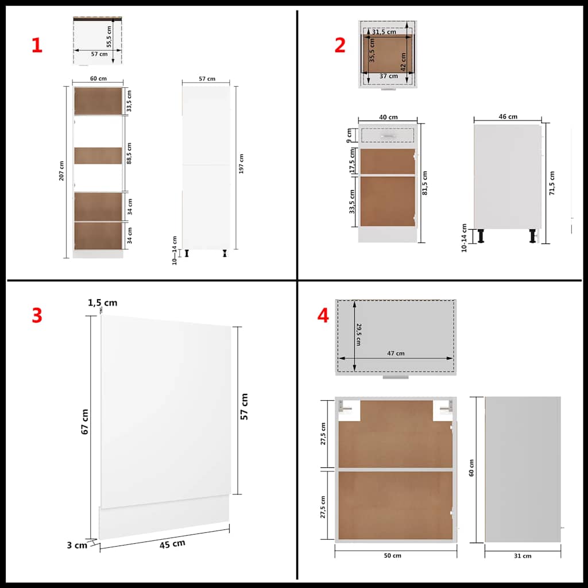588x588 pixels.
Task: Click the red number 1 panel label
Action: (37, 46)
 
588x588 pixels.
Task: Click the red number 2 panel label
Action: (340, 46)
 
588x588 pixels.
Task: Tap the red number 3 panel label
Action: (37, 315)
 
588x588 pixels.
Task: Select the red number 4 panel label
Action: (323, 315)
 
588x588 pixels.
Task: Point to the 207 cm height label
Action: (61, 171)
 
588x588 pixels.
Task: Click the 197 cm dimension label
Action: (242, 164)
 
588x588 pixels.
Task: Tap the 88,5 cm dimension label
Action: (130, 153)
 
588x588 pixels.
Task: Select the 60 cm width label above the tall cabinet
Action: (98, 79)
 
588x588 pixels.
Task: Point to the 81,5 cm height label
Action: (425, 182)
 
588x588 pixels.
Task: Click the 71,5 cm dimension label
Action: (552, 183)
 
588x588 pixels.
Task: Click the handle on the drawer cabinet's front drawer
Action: (389, 136)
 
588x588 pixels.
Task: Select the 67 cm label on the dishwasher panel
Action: (84, 421)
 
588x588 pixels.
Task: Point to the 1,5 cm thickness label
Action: (103, 303)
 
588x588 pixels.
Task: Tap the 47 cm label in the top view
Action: (396, 353)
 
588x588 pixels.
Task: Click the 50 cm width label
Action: (393, 555)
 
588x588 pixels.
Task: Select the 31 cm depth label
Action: (523, 555)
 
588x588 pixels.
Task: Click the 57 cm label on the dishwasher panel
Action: (244, 407)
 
